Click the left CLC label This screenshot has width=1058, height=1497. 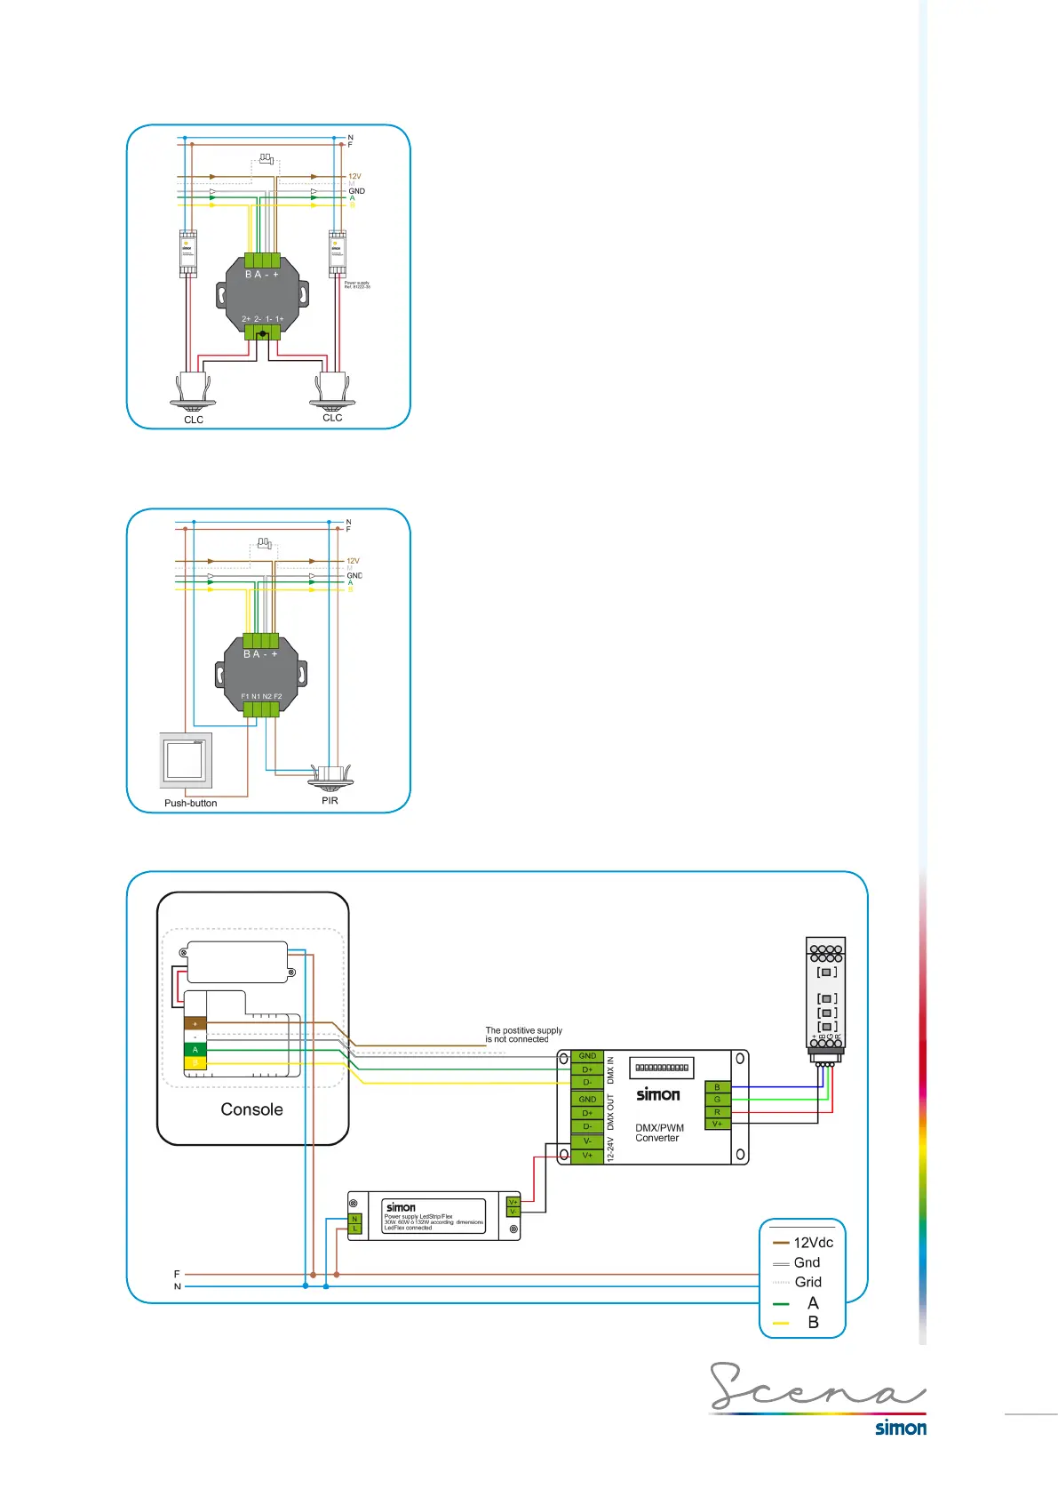[194, 420]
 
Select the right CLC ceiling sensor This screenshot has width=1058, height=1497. [332, 389]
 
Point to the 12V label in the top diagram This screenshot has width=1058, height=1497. [354, 176]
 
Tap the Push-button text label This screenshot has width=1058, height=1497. [190, 803]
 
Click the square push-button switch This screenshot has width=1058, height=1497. [186, 760]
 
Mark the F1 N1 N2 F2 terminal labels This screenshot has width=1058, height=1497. [261, 696]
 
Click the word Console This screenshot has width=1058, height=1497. [251, 1109]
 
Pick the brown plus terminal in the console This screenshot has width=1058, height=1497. [195, 1024]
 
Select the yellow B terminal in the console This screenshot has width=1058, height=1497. [195, 1062]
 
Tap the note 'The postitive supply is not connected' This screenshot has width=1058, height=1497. [523, 1035]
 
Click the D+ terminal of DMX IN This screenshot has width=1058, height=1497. [587, 1069]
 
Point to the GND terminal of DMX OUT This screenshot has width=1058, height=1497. [587, 1100]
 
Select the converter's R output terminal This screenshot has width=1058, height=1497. [717, 1112]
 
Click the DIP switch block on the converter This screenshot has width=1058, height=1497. [662, 1068]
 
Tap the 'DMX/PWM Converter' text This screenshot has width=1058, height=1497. [659, 1133]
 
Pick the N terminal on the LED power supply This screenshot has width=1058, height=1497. [354, 1219]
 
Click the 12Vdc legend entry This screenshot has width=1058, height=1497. [803, 1243]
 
